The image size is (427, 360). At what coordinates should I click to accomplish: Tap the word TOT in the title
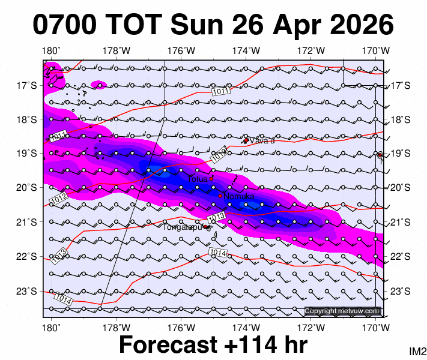(135, 25)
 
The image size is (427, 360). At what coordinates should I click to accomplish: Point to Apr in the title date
(298, 26)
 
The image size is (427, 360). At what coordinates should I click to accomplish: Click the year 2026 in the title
(359, 25)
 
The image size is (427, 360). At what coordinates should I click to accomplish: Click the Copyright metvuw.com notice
(342, 311)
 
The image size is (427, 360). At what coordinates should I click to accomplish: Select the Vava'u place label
(262, 141)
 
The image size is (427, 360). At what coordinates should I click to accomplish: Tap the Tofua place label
(197, 178)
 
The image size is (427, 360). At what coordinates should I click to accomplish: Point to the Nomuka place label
(238, 196)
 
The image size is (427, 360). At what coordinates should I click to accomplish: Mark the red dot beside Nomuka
(220, 196)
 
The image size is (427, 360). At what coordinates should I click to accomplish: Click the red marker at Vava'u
(246, 140)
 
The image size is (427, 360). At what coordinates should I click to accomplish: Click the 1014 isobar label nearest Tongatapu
(219, 253)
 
